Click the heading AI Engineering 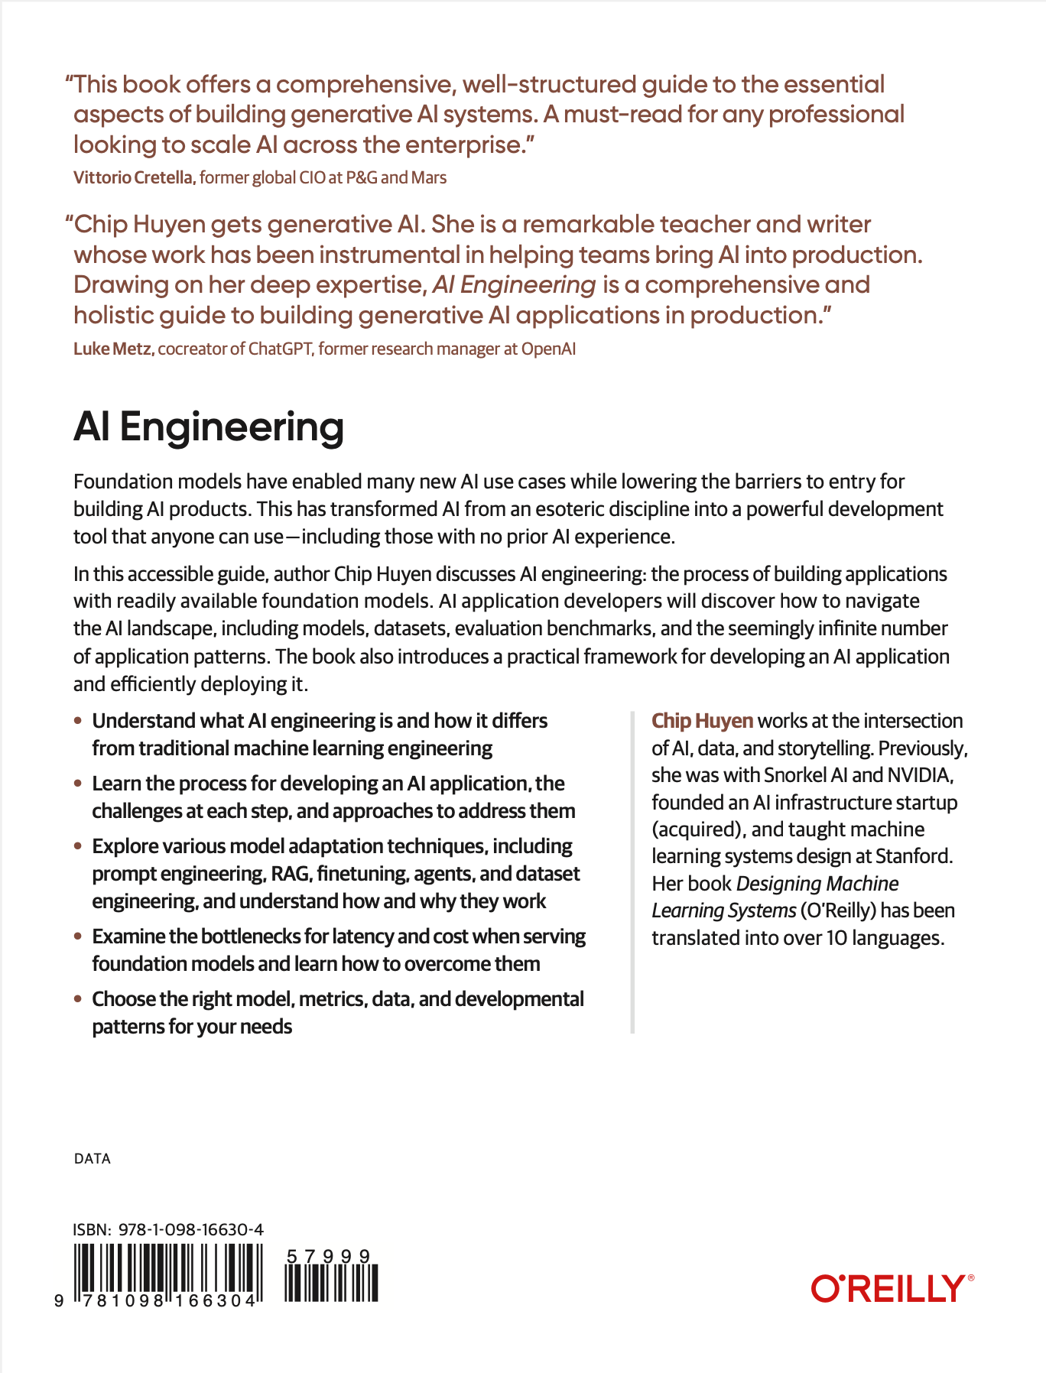(209, 427)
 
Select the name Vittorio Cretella (134, 178)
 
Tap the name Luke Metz (114, 349)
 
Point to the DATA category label (93, 1159)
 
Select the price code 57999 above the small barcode (328, 1256)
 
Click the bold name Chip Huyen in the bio (702, 721)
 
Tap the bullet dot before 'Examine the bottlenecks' (77, 936)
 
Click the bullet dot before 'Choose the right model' (77, 999)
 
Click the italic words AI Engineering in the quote (514, 285)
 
